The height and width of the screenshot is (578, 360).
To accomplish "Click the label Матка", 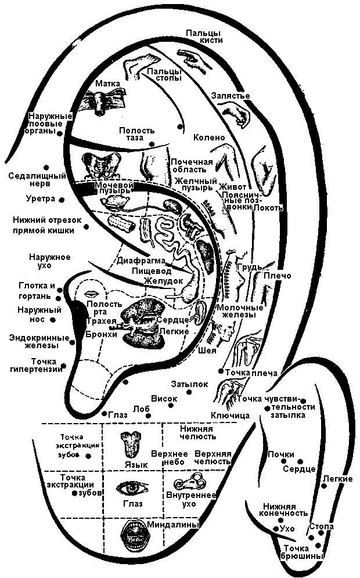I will pos(108,84).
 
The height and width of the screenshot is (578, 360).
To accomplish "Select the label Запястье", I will pos(231,95).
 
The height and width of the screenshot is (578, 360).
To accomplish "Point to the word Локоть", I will pos(268,208).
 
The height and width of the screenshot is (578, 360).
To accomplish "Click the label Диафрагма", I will pos(141,261).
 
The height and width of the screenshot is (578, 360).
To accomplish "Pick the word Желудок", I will pos(164,281).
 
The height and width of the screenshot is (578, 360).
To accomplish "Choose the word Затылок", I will pos(189,384).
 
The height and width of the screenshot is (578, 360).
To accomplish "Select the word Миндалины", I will pos(175,524).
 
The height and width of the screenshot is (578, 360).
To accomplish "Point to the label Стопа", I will pos(321,526).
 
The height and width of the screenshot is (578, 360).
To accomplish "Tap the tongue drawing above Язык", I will pos(129,444).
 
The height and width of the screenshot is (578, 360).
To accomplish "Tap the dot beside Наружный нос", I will pos(53,319).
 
